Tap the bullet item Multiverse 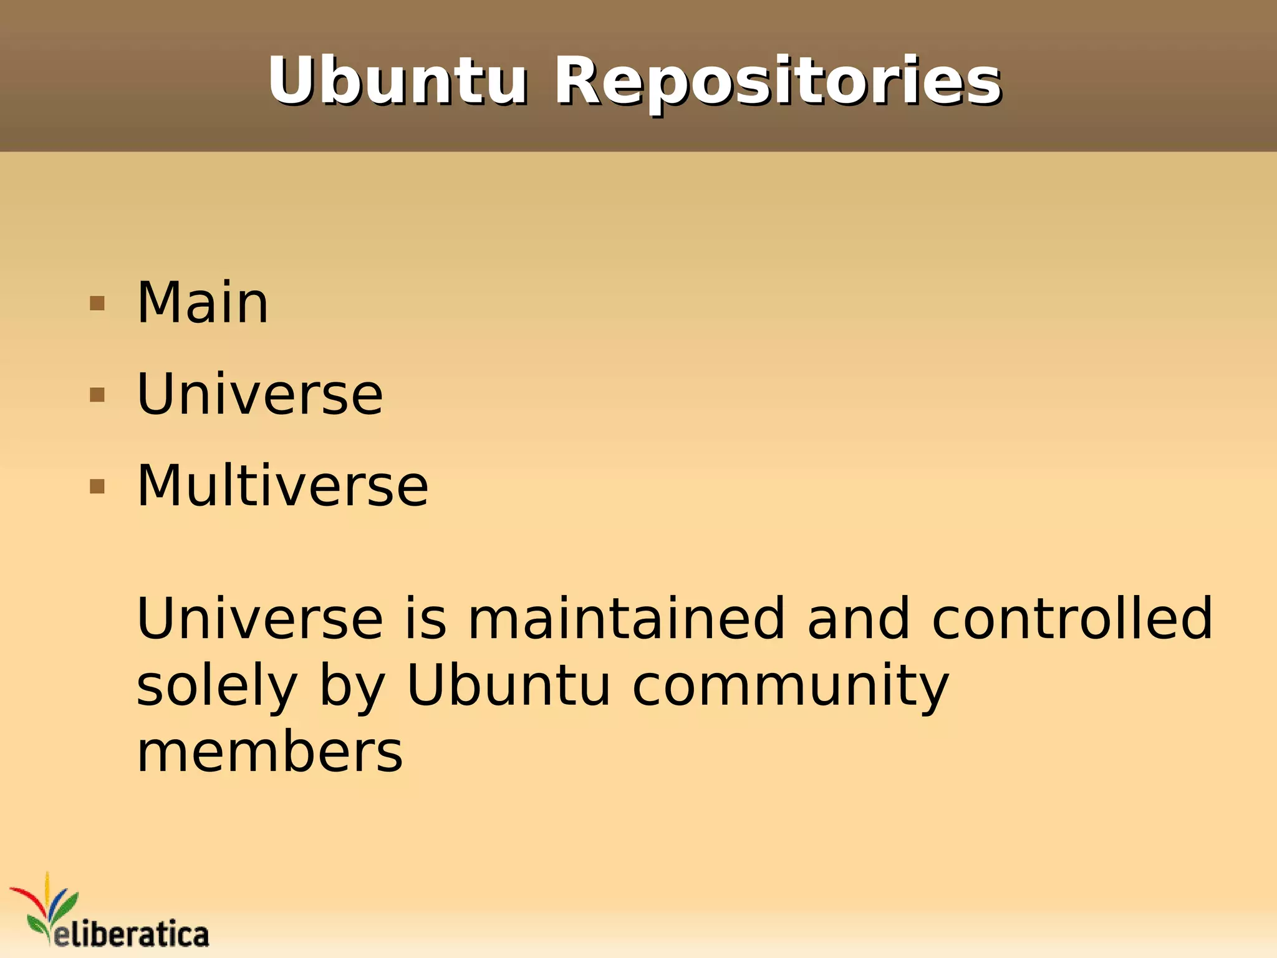click(x=282, y=486)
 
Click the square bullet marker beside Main click(x=97, y=304)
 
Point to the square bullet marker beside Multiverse click(x=97, y=486)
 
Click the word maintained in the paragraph click(x=626, y=619)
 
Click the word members click(x=269, y=753)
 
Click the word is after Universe click(x=426, y=619)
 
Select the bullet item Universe click(x=259, y=395)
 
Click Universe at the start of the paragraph click(x=259, y=619)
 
